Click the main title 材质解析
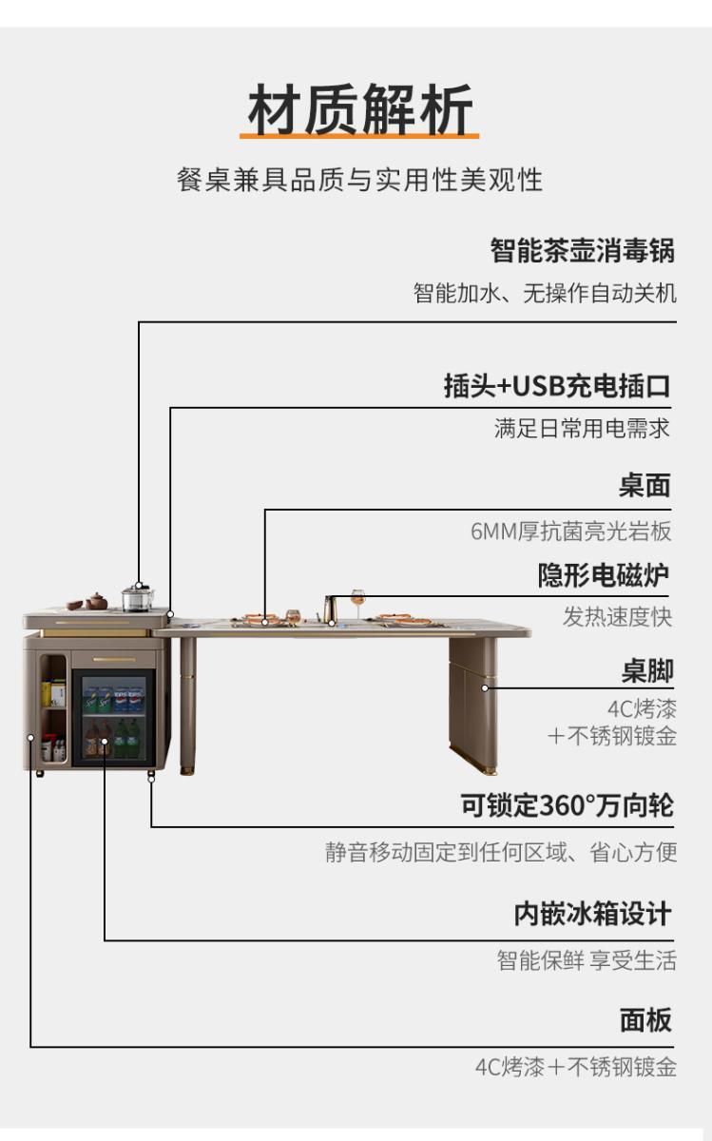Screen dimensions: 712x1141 [x=360, y=109]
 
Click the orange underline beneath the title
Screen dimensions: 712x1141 [x=359, y=136]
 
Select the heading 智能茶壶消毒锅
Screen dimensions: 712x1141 [x=582, y=251]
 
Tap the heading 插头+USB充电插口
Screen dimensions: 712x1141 [x=557, y=386]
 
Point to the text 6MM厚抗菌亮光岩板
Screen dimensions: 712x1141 [x=571, y=532]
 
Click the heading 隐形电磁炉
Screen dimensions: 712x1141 [x=604, y=575]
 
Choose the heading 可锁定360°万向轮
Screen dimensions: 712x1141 [x=568, y=805]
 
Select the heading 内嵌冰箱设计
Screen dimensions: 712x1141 [x=593, y=914]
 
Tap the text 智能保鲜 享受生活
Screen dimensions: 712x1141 [x=587, y=960]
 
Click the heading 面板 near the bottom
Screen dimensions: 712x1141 [x=645, y=1020]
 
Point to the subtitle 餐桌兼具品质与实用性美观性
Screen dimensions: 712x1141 [x=359, y=180]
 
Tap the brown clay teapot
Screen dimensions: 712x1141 [x=96, y=601]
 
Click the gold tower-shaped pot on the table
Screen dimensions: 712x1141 [x=329, y=608]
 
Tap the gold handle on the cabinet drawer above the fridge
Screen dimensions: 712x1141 [x=114, y=660]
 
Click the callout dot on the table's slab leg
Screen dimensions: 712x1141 [x=485, y=687]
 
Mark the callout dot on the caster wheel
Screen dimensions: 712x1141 [x=151, y=779]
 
